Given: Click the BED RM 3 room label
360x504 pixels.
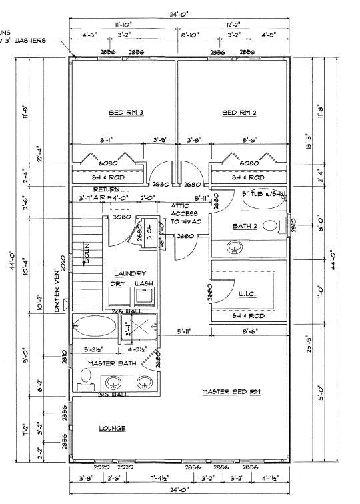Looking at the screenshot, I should click(127, 113).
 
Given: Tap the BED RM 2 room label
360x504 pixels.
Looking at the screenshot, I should click(239, 113).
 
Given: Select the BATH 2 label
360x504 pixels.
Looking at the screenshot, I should click(246, 226).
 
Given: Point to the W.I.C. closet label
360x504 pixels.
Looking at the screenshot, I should click(248, 293).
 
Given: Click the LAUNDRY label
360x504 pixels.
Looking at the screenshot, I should click(131, 273).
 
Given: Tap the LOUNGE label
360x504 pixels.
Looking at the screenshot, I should click(113, 428).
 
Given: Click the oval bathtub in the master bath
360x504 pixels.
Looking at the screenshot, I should click(94, 327).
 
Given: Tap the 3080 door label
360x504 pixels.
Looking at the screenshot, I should click(121, 217).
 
